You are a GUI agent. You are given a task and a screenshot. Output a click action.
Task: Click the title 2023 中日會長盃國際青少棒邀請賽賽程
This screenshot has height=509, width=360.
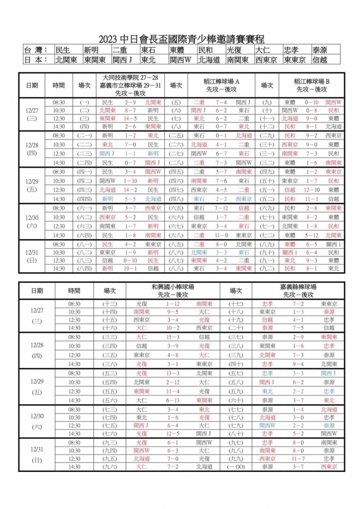[x=180, y=38]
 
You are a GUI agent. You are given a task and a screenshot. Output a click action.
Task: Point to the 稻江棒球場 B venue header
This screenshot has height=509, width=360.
[x=312, y=81]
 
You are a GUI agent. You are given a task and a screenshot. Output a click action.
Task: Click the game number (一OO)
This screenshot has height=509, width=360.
[x=236, y=467]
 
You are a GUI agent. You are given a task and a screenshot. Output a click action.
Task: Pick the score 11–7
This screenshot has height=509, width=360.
[x=298, y=458]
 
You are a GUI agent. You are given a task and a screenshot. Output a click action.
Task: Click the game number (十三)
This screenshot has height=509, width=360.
[x=109, y=304]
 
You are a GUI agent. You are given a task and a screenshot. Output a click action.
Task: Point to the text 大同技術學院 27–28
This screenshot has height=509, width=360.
[x=130, y=77]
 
